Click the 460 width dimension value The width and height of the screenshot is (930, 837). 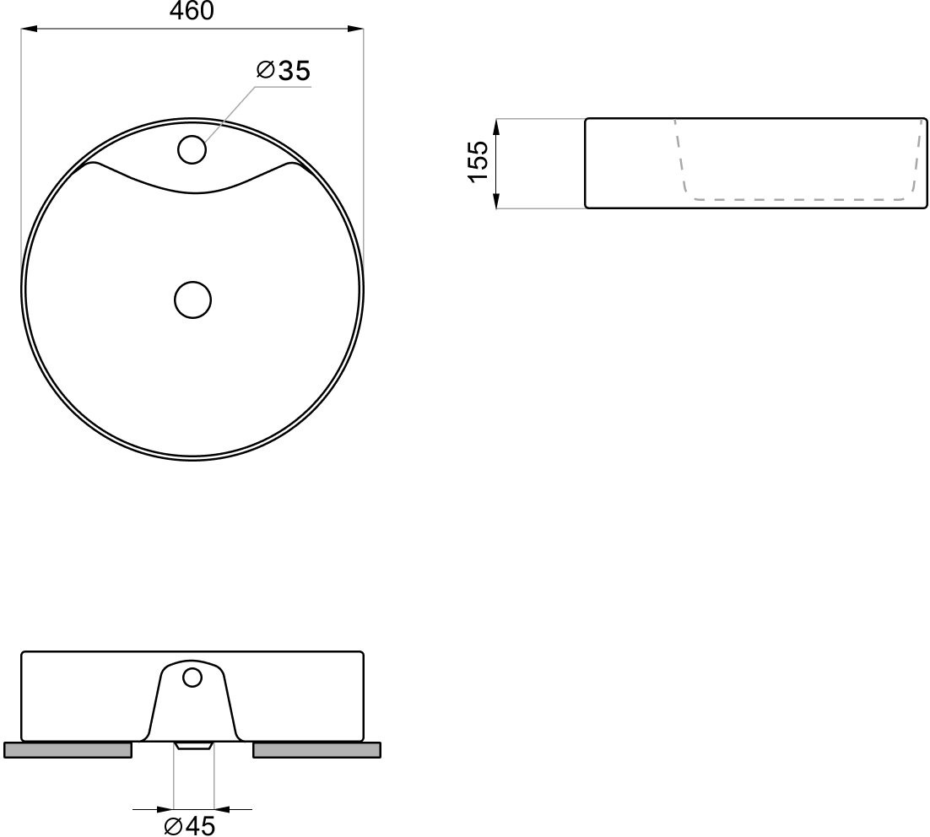click(x=192, y=11)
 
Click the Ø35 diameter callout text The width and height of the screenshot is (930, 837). click(x=284, y=71)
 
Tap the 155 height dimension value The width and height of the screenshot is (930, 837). click(x=478, y=162)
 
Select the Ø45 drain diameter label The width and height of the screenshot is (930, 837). click(x=190, y=825)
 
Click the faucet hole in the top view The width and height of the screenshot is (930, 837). click(x=192, y=149)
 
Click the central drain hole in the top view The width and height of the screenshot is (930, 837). click(x=192, y=300)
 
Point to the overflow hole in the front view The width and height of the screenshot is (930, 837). click(x=192, y=678)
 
